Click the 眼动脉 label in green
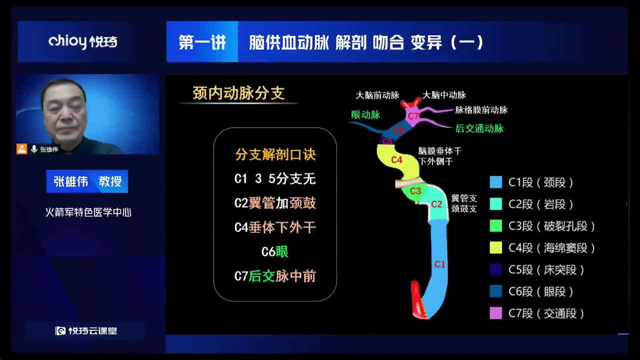[x=365, y=114]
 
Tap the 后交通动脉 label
[x=479, y=128]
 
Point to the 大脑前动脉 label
[x=377, y=94]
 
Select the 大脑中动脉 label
[x=444, y=94]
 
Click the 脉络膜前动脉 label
[x=481, y=110]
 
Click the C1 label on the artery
[x=439, y=264]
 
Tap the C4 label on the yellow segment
[x=396, y=160]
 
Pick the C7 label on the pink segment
[x=413, y=116]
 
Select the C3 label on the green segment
[x=415, y=191]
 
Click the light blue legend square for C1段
[x=496, y=182]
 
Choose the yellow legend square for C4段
[x=496, y=247]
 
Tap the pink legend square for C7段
[x=496, y=313]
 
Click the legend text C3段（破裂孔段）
[x=552, y=226]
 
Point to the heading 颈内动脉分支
[x=238, y=93]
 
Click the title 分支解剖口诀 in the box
[x=275, y=155]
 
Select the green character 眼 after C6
[x=282, y=251]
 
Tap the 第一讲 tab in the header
[x=202, y=42]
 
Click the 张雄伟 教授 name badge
[x=87, y=181]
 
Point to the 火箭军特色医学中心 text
[x=88, y=212]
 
